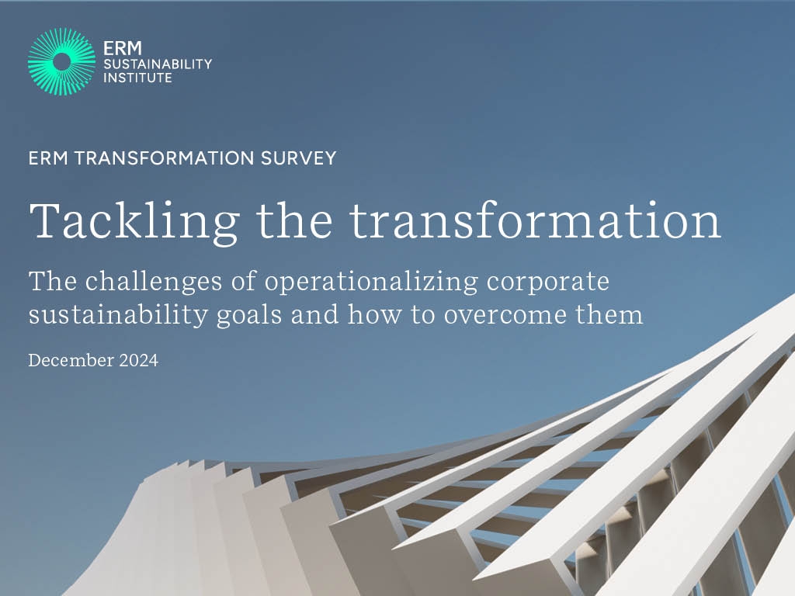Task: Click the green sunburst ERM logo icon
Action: pyautogui.click(x=61, y=61)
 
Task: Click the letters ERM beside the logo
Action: pyautogui.click(x=122, y=48)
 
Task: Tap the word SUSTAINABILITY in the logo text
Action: pyautogui.click(x=158, y=64)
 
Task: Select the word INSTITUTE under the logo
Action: pyautogui.click(x=137, y=78)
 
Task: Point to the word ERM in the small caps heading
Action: pyautogui.click(x=48, y=158)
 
